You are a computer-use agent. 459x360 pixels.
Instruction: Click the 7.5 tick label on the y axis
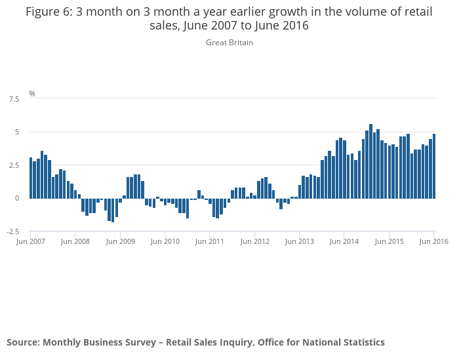[x=14, y=99]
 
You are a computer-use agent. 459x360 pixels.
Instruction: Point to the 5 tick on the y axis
[x=16, y=132]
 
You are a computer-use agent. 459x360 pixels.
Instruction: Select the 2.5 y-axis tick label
[x=14, y=165]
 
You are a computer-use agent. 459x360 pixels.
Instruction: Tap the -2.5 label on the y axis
[x=12, y=231]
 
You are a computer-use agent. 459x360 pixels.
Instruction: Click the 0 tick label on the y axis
[x=16, y=198]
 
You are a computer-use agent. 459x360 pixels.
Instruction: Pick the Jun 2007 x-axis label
[x=30, y=241]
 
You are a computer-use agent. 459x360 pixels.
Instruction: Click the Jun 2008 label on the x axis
[x=75, y=241]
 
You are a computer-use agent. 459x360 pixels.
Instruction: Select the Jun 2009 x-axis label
[x=120, y=241]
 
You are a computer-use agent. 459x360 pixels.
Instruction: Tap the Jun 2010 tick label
[x=165, y=241]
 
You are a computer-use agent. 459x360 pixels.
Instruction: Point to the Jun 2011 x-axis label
[x=209, y=241]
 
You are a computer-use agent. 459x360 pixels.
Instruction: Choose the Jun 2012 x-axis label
[x=254, y=241]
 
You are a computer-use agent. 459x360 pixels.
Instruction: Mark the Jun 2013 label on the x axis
[x=299, y=241]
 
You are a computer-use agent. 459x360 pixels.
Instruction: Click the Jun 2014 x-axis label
[x=344, y=241]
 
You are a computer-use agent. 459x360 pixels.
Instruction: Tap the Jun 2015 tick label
[x=389, y=241]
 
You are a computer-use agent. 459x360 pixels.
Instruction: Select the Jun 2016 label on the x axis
[x=433, y=241]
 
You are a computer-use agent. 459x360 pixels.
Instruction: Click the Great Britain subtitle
[x=229, y=43]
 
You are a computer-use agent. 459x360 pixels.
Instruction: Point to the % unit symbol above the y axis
[x=32, y=94]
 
